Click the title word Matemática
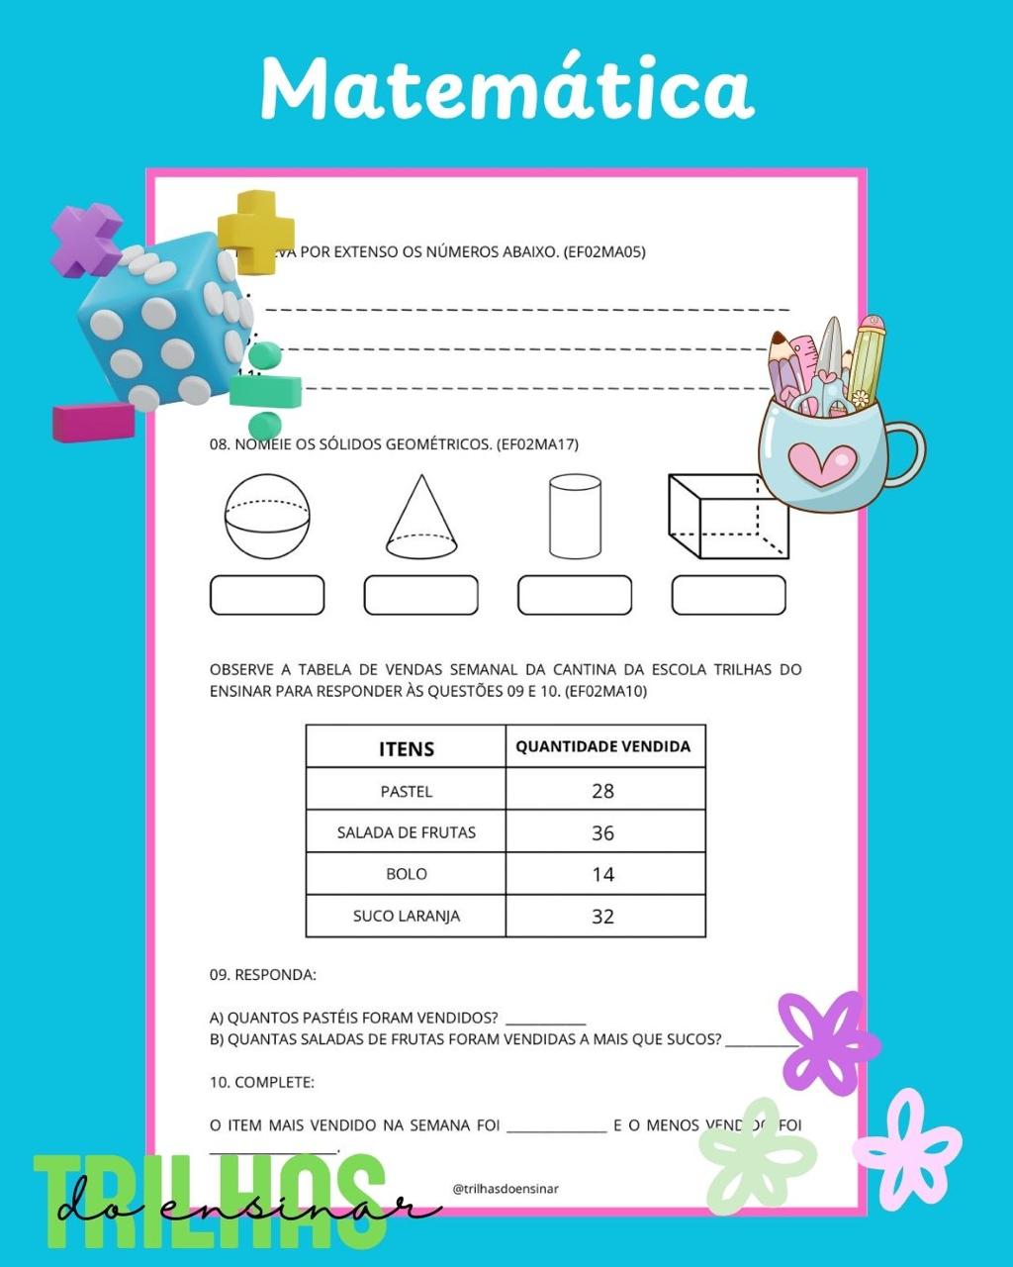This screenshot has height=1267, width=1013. [x=506, y=89]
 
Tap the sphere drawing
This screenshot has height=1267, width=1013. [x=267, y=516]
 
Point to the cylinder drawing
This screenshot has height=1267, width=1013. [x=575, y=516]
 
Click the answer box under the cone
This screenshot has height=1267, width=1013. [x=421, y=595]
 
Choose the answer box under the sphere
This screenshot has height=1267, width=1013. [x=267, y=595]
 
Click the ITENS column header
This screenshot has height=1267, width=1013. [x=407, y=748]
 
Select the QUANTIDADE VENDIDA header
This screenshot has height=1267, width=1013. [x=602, y=746]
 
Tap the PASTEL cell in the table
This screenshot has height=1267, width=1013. [x=407, y=791]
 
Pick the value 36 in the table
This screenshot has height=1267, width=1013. [x=602, y=833]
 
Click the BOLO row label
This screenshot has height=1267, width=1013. [x=407, y=874]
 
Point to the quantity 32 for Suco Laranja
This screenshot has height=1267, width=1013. [x=602, y=917]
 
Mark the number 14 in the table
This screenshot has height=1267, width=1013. [x=602, y=875]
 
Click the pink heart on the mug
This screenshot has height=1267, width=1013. [x=823, y=463]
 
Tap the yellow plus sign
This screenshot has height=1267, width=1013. [x=256, y=231]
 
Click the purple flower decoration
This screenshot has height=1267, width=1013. [x=827, y=1041]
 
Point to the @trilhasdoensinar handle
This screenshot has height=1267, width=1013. [x=506, y=1189]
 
